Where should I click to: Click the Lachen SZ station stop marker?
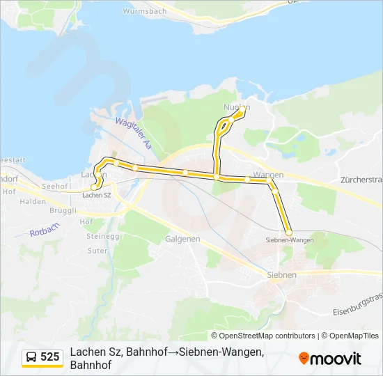click(x=94, y=187)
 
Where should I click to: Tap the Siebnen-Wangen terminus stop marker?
click(x=289, y=233)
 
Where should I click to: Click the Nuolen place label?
click(x=236, y=107)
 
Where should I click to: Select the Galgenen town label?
click(x=182, y=238)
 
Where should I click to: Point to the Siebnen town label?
click(x=282, y=275)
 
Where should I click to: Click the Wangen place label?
click(x=268, y=174)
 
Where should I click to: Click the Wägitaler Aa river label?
click(x=133, y=134)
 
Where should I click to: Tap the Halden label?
click(x=33, y=201)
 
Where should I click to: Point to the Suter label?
click(x=97, y=251)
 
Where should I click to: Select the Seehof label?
click(x=54, y=187)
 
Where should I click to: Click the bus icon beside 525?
click(x=31, y=357)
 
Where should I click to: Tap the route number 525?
click(x=50, y=357)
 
